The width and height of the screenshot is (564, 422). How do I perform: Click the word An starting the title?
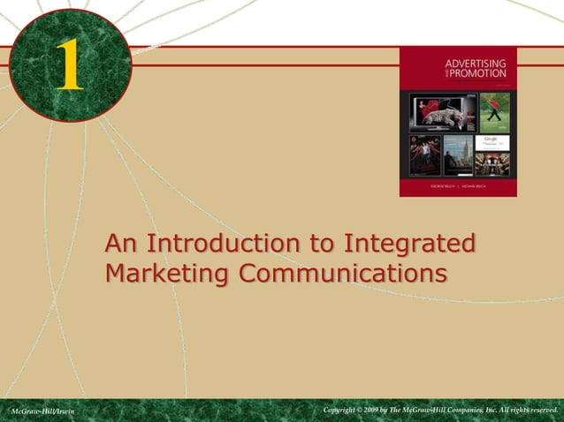click(121, 242)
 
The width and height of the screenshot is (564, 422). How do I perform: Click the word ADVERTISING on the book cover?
click(475, 64)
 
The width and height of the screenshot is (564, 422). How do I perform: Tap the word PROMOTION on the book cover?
click(480, 73)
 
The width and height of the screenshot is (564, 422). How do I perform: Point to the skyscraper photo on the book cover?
click(458, 155)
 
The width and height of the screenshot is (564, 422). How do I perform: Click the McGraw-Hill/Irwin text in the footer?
click(42, 411)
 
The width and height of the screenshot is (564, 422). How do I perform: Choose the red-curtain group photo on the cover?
click(424, 155)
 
